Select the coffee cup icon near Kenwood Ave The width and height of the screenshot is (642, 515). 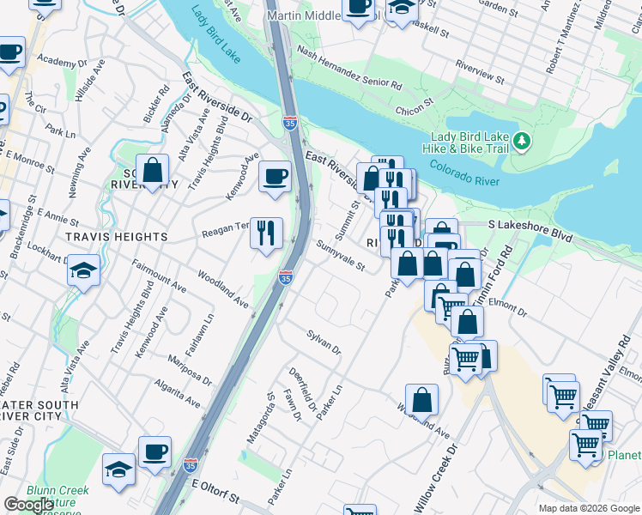coord(275,177)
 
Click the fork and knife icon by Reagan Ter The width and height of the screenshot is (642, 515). coord(266,231)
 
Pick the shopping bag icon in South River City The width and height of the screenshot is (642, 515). coord(152,172)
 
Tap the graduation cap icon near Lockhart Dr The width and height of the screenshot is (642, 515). coord(83,270)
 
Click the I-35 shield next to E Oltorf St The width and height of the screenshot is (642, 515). coord(191,466)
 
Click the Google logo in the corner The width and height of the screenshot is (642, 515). coord(28,505)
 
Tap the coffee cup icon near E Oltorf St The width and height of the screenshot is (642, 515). coord(154,451)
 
